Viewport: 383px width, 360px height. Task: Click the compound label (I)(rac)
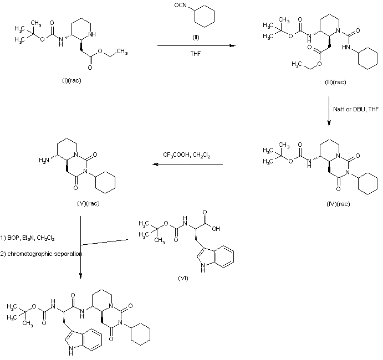coord(72,81)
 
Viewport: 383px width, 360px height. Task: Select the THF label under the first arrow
coord(193,54)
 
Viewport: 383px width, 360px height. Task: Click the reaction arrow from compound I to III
coord(193,47)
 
